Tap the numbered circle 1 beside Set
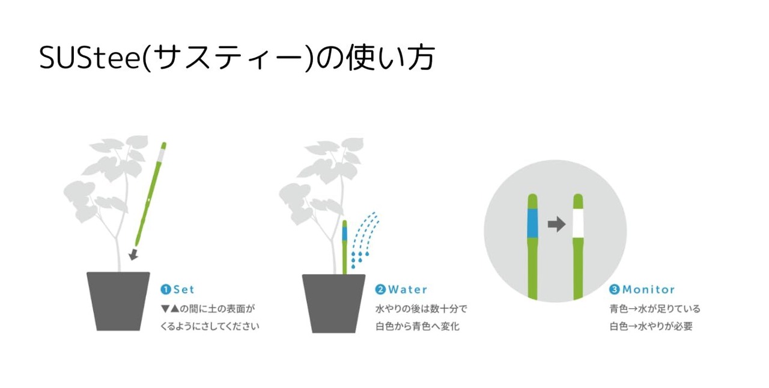[x=165, y=289]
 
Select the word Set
[x=184, y=289]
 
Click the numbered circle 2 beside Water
[x=380, y=289]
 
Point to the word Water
[x=407, y=289]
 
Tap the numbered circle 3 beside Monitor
[x=615, y=289]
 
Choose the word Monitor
[x=648, y=289]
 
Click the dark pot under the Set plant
[x=118, y=301]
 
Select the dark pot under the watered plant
[x=333, y=303]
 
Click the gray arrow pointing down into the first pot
[x=133, y=255]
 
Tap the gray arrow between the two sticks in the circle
[x=556, y=224]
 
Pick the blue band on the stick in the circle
[x=532, y=223]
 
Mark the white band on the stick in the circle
[x=578, y=223]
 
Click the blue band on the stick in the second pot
[x=345, y=234]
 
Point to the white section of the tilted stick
[x=160, y=155]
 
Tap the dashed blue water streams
[x=365, y=238]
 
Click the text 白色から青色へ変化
[x=418, y=326]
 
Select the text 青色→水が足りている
[x=655, y=309]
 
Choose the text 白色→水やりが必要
[x=651, y=326]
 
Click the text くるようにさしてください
[x=210, y=326]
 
